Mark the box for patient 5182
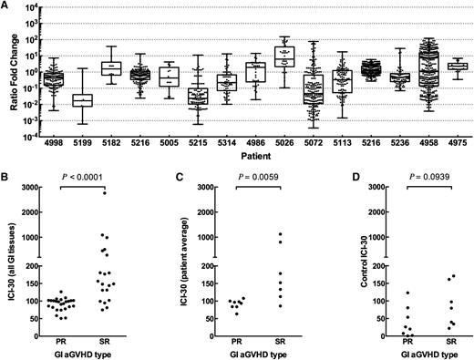tap(111, 67)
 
